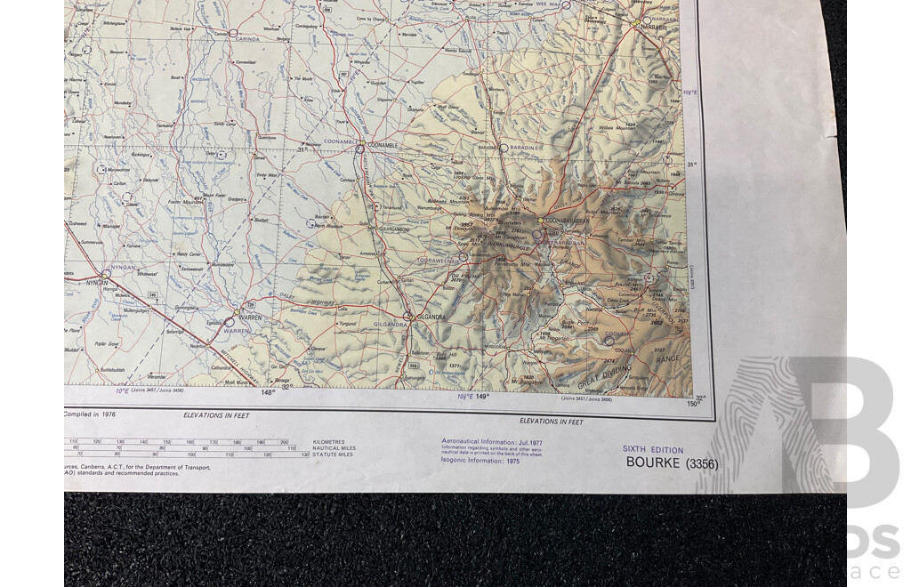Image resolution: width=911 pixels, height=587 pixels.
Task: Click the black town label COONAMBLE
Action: coord(383,145)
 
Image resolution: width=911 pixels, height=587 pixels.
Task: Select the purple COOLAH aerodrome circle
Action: coord(609,339)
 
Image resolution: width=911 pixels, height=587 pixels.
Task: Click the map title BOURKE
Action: coord(654,462)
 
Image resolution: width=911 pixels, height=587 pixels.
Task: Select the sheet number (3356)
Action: coord(702,463)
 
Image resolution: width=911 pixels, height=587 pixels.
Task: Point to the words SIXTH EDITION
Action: coord(653,450)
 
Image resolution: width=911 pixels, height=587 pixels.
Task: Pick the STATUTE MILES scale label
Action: coord(333,454)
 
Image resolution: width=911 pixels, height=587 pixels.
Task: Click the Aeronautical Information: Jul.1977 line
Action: coord(481,441)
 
